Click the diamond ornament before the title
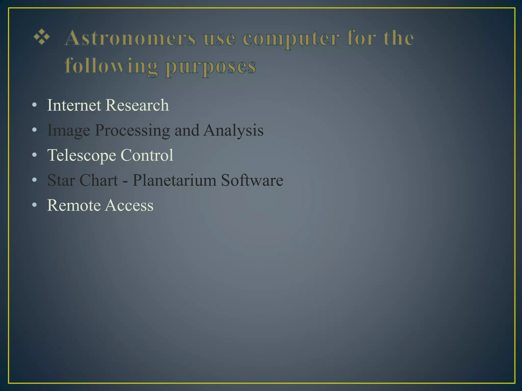42,37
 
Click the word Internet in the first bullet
74,105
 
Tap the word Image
69,131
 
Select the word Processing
132,131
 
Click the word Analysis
233,130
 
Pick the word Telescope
81,156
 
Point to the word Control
147,155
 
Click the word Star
61,180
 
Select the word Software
252,180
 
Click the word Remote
74,205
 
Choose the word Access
129,205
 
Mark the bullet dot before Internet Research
35,105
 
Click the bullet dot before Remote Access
35,205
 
